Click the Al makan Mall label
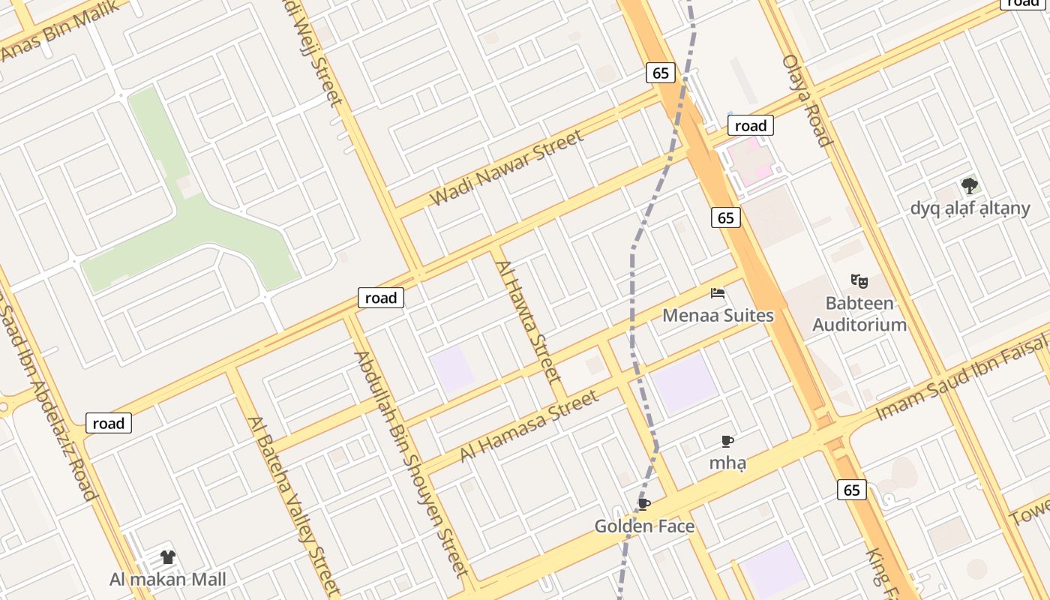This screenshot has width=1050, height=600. (167, 579)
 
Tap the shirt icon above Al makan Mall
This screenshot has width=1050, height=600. (167, 557)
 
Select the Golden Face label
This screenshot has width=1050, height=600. (644, 526)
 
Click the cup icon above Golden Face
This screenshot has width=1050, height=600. (643, 504)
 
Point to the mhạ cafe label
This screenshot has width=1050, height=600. (727, 463)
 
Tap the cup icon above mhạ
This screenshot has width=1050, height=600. (727, 441)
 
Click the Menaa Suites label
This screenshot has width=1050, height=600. (718, 315)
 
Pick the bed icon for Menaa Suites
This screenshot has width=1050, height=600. (718, 293)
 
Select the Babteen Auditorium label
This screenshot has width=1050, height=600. (859, 314)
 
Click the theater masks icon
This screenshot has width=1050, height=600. (859, 281)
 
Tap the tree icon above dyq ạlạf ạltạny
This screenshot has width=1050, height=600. (970, 185)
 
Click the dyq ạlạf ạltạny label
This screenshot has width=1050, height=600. (970, 208)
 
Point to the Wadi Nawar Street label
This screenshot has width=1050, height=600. (506, 168)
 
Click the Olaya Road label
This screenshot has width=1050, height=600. (807, 100)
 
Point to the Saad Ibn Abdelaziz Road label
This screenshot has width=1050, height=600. (52, 412)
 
